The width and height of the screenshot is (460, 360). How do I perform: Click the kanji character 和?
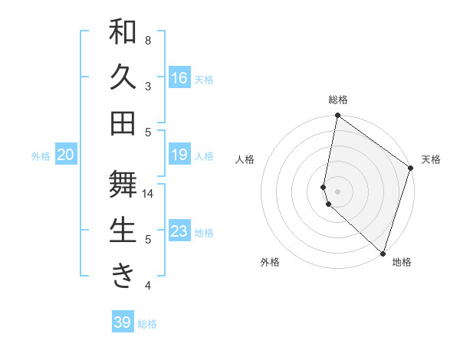(123, 33)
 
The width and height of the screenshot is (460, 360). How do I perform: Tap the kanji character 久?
(123, 77)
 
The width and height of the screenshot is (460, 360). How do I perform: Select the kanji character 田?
(123, 123)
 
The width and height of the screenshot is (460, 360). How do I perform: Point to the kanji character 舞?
(123, 185)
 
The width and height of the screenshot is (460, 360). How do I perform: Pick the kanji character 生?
(123, 230)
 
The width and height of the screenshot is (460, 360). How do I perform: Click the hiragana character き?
(123, 275)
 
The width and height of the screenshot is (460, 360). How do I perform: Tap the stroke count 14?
(149, 194)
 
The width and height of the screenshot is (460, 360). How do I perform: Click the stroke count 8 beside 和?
(148, 40)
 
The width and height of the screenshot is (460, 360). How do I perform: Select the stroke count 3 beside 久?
(148, 86)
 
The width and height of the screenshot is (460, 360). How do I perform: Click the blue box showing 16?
(179, 77)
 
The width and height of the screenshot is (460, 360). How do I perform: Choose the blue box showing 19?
(179, 155)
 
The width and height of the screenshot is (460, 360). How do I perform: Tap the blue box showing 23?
(179, 231)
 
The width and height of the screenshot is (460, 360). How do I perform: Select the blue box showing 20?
(65, 155)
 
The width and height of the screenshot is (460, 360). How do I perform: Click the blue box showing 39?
(122, 322)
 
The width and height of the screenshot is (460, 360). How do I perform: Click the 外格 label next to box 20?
(41, 155)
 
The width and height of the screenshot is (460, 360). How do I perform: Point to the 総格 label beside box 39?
(148, 324)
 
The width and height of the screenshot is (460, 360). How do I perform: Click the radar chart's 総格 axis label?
(337, 100)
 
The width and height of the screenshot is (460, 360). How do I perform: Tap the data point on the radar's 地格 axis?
(383, 254)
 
